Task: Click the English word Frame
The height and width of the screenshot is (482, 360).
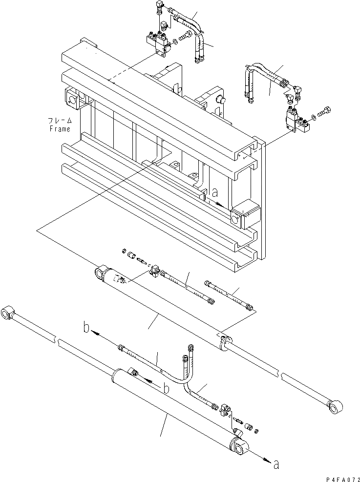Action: (x=60, y=129)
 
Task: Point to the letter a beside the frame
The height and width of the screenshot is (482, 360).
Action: (x=215, y=193)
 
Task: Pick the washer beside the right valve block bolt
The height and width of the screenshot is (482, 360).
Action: (x=313, y=116)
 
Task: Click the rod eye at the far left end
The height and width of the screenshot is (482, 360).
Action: (x=10, y=312)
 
